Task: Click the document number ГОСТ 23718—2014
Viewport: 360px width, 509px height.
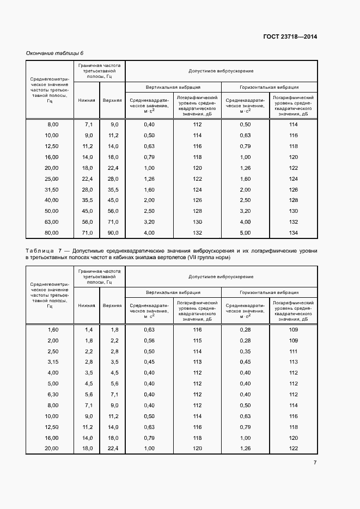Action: coord(289,37)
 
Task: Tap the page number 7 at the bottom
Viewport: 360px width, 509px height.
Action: coord(315,463)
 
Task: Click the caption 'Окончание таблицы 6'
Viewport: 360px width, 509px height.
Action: coord(55,53)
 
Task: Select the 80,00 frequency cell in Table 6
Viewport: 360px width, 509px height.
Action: coord(52,233)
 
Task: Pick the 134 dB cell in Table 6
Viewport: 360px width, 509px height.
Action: coord(294,233)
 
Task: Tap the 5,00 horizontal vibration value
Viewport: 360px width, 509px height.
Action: coord(245,233)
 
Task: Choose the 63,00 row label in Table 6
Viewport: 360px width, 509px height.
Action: coord(52,223)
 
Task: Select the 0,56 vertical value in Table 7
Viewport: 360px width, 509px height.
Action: coord(149,340)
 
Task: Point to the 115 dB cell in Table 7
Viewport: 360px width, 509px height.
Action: coord(197,340)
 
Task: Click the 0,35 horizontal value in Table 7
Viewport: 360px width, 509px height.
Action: coord(245,351)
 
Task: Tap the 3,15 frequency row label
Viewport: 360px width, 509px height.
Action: coord(53,362)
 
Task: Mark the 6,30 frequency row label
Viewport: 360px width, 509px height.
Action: coord(53,394)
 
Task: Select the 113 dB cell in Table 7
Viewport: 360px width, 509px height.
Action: coord(294,362)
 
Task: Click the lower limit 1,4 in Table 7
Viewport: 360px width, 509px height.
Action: coord(88,330)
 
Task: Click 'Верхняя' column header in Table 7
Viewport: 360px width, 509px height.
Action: coord(112,305)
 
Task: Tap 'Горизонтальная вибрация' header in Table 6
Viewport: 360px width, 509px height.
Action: coord(269,87)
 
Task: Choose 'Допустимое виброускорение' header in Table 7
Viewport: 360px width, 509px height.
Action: coord(221,277)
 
